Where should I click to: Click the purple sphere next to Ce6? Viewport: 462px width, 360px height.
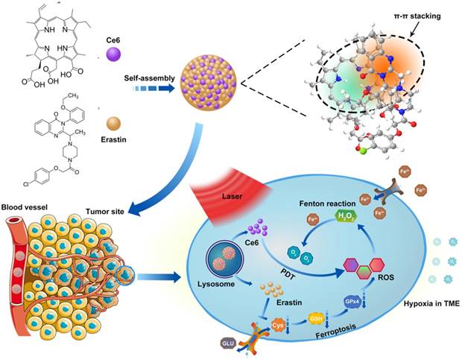(x=113, y=54)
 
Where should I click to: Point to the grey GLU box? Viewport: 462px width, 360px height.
(x=229, y=343)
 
